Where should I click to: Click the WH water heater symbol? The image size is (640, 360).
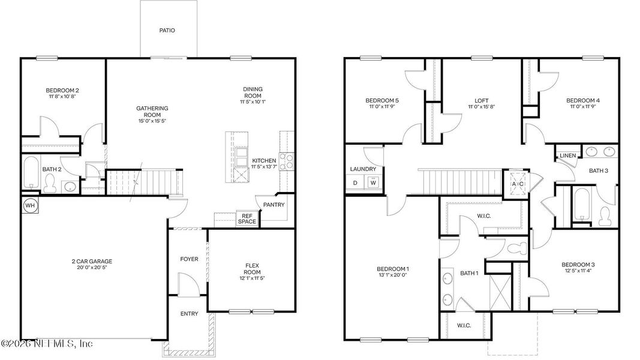tap(29, 205)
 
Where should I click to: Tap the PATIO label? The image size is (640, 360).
tap(167, 30)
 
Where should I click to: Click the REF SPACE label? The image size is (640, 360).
tap(247, 219)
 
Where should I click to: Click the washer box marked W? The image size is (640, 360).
tap(372, 183)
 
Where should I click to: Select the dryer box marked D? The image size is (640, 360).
tap(355, 183)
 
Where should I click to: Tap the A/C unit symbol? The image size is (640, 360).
tap(517, 184)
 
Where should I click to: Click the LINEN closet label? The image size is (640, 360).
tap(567, 156)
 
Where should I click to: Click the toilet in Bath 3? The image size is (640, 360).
tap(605, 214)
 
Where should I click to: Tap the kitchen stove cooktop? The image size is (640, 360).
tap(287, 161)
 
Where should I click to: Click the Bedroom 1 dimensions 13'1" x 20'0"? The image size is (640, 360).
tap(392, 275)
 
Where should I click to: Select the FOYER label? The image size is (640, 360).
tap(189, 259)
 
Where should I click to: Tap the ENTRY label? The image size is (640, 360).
tap(189, 314)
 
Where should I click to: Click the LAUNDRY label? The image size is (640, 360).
tap(363, 169)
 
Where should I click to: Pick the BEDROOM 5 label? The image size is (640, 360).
tap(382, 100)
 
